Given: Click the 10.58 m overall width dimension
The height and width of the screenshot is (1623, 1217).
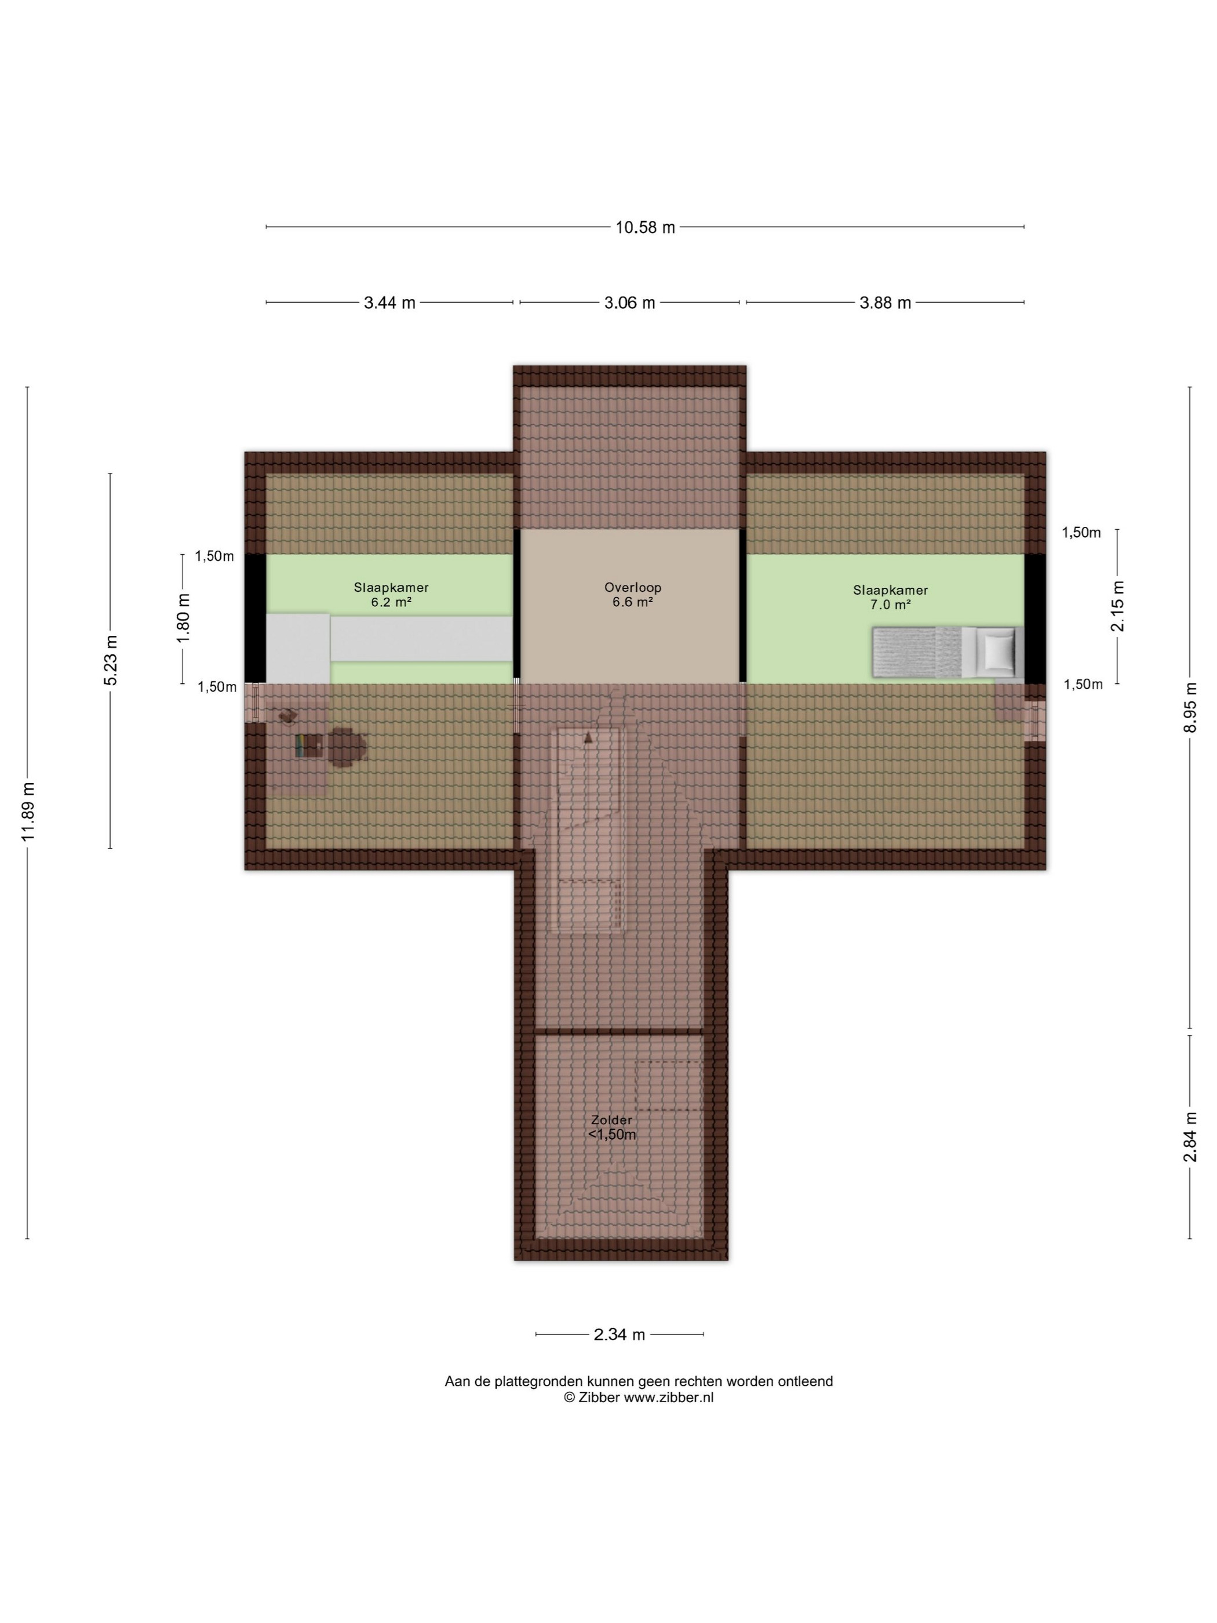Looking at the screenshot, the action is click(645, 227).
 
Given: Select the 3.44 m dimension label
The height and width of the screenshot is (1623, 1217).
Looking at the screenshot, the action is click(389, 303).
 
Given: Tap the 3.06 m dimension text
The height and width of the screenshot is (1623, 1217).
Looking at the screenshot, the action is click(629, 303).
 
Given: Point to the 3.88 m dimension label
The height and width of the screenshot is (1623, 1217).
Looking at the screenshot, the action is click(885, 303).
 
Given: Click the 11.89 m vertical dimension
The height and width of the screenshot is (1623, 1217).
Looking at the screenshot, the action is click(28, 811).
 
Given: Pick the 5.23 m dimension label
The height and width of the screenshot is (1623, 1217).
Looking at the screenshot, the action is click(111, 660).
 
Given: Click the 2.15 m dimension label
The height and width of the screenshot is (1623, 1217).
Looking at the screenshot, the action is click(1117, 606).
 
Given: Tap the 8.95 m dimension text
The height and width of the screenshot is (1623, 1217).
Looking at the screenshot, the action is click(1190, 707).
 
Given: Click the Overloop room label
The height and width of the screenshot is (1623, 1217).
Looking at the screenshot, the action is click(632, 587).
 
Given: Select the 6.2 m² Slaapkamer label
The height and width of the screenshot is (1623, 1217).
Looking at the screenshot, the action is click(391, 595).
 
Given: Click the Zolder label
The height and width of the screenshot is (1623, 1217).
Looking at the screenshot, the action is click(611, 1120).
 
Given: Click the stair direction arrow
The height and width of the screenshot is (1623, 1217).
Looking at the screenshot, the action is click(587, 738).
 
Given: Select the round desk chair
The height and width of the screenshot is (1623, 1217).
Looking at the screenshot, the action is click(345, 747).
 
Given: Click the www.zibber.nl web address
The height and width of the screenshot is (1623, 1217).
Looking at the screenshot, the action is click(668, 1398).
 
